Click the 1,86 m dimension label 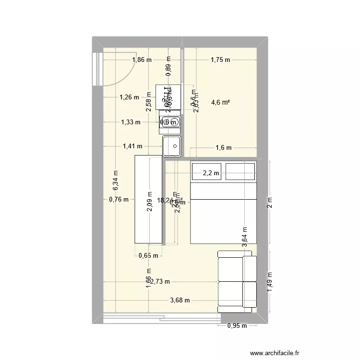[x=142, y=60]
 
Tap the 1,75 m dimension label [x=220, y=60]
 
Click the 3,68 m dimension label [x=180, y=300]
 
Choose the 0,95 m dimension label [x=237, y=326]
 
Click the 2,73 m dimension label [x=160, y=282]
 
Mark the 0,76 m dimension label [x=119, y=200]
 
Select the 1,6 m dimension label [x=223, y=148]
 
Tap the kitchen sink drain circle [x=175, y=145]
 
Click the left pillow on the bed [x=206, y=171]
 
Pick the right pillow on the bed [x=240, y=171]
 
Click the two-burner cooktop [x=170, y=122]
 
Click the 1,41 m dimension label [x=132, y=146]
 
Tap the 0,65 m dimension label [x=148, y=255]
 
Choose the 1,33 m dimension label [x=131, y=122]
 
